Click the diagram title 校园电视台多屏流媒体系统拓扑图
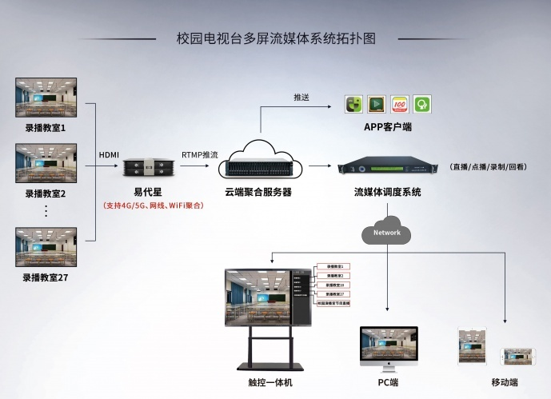[275, 38]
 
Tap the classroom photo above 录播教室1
[46, 97]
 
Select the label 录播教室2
[46, 194]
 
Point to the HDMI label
[109, 154]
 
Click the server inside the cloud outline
[258, 168]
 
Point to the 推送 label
[301, 98]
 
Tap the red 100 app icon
[400, 104]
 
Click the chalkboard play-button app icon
[377, 104]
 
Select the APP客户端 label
[388, 127]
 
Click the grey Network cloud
[387, 233]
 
